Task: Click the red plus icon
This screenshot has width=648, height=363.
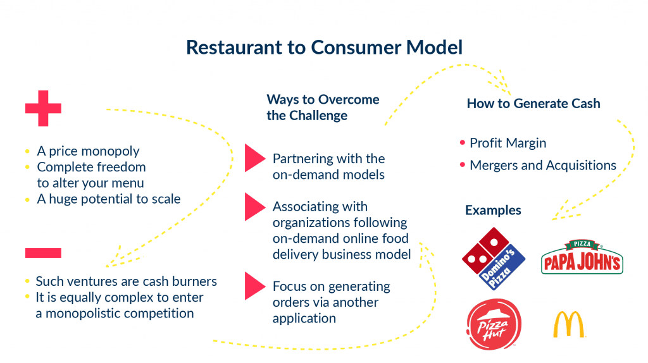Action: tap(43, 109)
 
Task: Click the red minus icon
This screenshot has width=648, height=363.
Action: tap(43, 253)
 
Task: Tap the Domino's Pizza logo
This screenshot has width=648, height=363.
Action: tap(494, 258)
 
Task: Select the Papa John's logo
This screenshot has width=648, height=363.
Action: tap(582, 258)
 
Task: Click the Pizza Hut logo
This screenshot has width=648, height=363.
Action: tap(494, 324)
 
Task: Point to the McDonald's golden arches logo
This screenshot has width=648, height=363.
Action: tap(569, 324)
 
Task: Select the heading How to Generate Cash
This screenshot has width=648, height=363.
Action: tap(533, 103)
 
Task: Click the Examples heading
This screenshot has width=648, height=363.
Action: tap(493, 210)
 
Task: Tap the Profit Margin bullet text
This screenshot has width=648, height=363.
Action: tap(508, 143)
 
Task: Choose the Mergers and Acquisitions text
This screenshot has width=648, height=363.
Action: tap(542, 165)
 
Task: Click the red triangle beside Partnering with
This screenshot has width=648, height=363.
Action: tap(254, 158)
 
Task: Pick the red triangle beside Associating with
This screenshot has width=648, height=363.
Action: tap(254, 207)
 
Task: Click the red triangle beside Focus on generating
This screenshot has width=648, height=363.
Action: tap(254, 286)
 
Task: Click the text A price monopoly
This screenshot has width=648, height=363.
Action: tap(88, 151)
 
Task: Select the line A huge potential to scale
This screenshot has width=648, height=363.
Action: tap(108, 199)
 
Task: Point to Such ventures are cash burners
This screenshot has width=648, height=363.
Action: tap(126, 281)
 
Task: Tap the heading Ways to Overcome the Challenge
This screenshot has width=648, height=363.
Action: tap(323, 108)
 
